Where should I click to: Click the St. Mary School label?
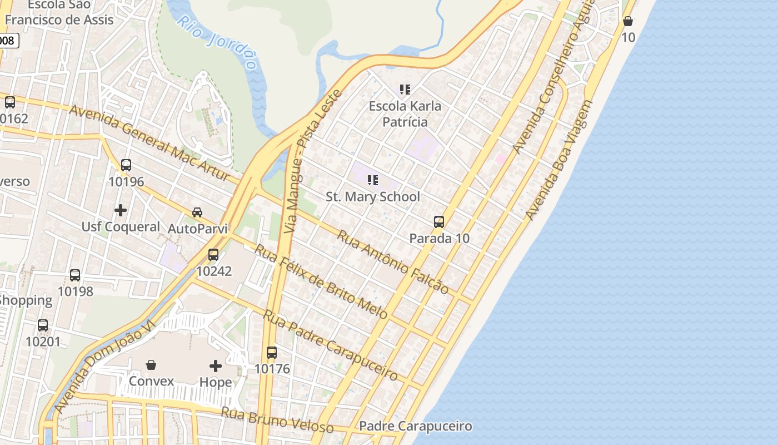click(372, 196)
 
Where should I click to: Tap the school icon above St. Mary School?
click(373, 180)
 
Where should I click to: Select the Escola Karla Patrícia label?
click(406, 114)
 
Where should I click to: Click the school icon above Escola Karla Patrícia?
click(405, 89)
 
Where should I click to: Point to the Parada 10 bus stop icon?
click(439, 222)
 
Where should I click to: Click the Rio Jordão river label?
click(218, 42)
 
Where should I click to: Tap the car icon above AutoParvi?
click(197, 212)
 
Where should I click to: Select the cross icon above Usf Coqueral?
click(121, 210)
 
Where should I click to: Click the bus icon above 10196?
click(126, 165)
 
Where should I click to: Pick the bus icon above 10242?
click(213, 255)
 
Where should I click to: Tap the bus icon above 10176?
click(272, 352)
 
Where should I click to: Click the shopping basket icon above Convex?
click(151, 365)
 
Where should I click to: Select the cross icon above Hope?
click(216, 366)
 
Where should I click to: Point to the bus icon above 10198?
click(75, 275)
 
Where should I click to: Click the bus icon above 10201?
click(43, 325)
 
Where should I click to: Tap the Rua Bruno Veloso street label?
click(277, 420)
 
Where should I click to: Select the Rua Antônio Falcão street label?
click(392, 261)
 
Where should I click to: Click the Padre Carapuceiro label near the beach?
click(416, 427)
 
